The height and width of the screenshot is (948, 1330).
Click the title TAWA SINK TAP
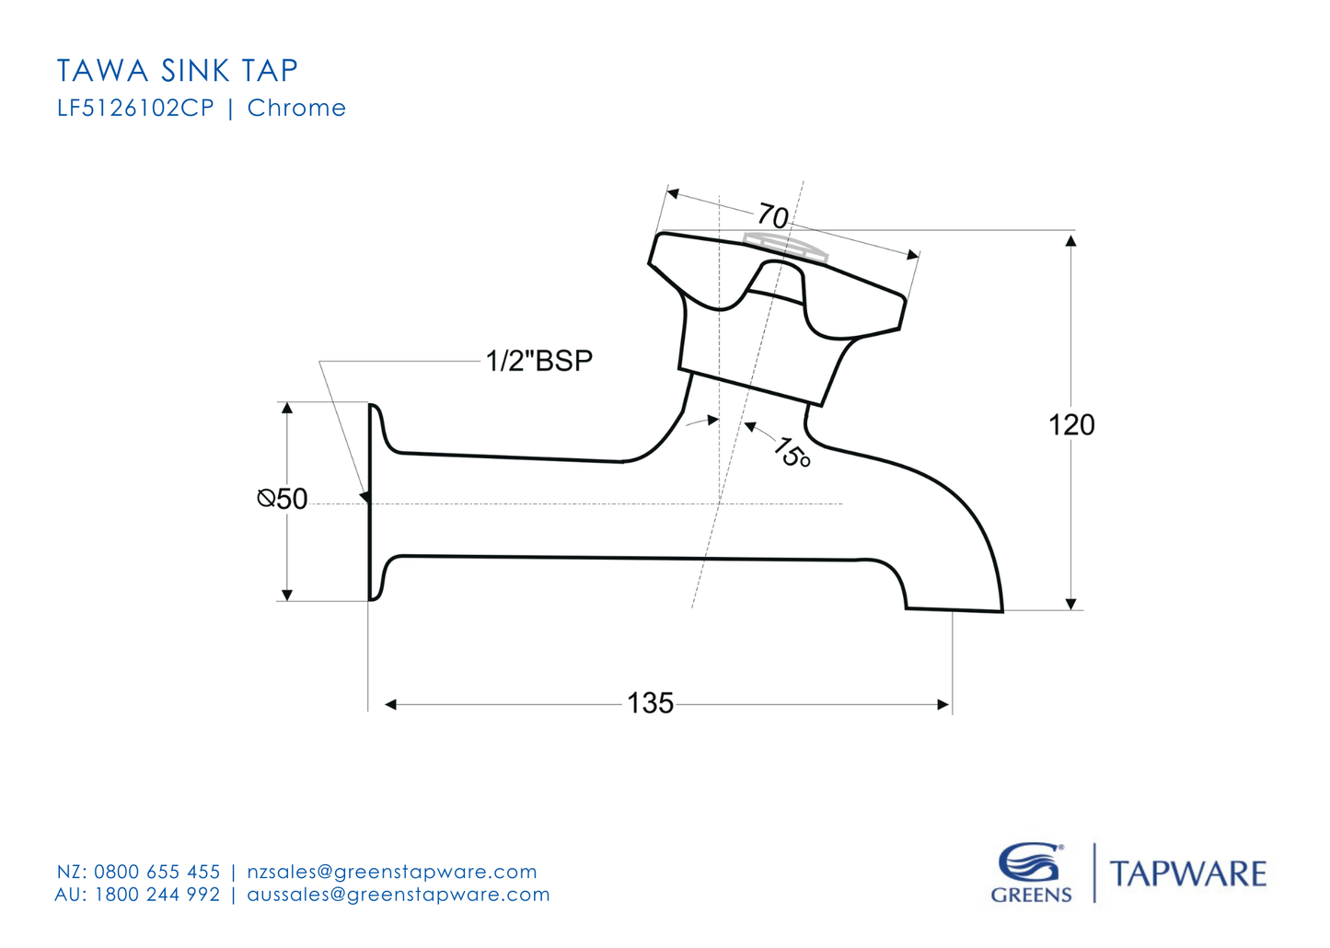pyautogui.click(x=178, y=71)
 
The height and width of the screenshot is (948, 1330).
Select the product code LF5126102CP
pyautogui.click(x=135, y=109)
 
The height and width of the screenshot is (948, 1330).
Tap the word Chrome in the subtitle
pyautogui.click(x=296, y=109)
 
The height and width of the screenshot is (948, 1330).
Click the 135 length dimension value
pyautogui.click(x=650, y=703)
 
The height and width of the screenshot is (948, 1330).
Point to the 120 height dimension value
pyautogui.click(x=1071, y=425)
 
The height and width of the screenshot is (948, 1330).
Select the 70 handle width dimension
pyautogui.click(x=773, y=217)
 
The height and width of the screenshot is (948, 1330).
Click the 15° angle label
pyautogui.click(x=791, y=452)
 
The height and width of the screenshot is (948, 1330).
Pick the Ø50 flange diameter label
pyautogui.click(x=283, y=499)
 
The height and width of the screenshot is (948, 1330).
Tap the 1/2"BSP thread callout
pyautogui.click(x=539, y=361)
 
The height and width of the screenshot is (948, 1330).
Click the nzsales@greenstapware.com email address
pyautogui.click(x=392, y=872)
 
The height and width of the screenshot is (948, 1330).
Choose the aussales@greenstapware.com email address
pyautogui.click(x=399, y=895)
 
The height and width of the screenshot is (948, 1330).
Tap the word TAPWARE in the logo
pyautogui.click(x=1188, y=873)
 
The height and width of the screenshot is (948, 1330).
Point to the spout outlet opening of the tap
pyautogui.click(x=954, y=609)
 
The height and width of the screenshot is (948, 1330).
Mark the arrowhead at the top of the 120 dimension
pyautogui.click(x=1070, y=241)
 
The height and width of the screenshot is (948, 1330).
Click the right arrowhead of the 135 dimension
pyautogui.click(x=943, y=704)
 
